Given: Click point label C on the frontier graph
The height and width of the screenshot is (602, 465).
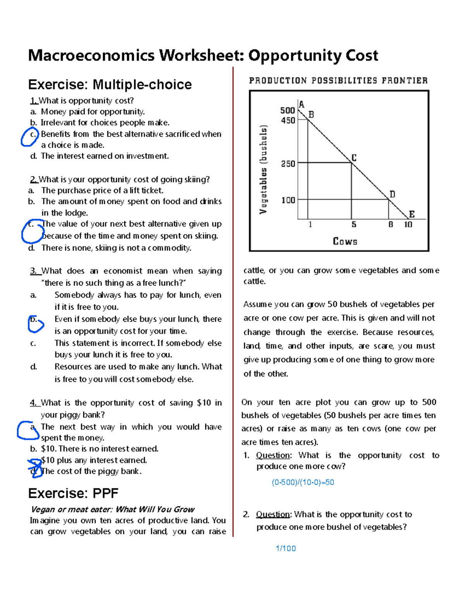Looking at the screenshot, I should pyautogui.click(x=354, y=157).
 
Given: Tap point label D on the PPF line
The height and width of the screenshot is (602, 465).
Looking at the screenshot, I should pyautogui.click(x=392, y=194).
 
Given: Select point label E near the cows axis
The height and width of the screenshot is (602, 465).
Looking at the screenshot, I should pyautogui.click(x=412, y=214).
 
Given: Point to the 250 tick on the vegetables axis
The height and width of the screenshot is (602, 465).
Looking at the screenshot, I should pyautogui.click(x=288, y=164).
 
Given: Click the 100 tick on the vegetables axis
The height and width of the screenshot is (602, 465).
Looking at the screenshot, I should pyautogui.click(x=288, y=200).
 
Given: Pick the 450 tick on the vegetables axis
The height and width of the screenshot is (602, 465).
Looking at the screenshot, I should pyautogui.click(x=288, y=121).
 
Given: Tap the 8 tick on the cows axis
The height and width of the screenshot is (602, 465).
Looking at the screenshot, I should pyautogui.click(x=391, y=224).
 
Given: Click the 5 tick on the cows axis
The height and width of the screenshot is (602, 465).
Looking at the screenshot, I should pyautogui.click(x=354, y=224).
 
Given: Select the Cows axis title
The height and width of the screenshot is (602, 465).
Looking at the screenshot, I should pyautogui.click(x=345, y=241).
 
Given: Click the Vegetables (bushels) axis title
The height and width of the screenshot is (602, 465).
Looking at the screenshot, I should pyautogui.click(x=263, y=169).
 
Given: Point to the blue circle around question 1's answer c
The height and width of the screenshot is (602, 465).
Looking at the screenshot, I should pyautogui.click(x=29, y=137).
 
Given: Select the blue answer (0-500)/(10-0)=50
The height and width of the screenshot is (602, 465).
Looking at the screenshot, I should pyautogui.click(x=303, y=482).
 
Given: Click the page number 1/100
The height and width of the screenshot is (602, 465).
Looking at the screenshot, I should pyautogui.click(x=286, y=548).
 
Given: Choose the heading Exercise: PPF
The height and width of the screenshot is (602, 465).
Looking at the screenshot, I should pyautogui.click(x=73, y=493).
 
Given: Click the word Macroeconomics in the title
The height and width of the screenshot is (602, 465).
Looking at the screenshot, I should pyautogui.click(x=91, y=55).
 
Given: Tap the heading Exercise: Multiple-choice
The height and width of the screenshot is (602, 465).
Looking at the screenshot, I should pyautogui.click(x=110, y=85).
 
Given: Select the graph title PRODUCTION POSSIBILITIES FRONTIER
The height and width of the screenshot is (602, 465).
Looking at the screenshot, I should pyautogui.click(x=338, y=81).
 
